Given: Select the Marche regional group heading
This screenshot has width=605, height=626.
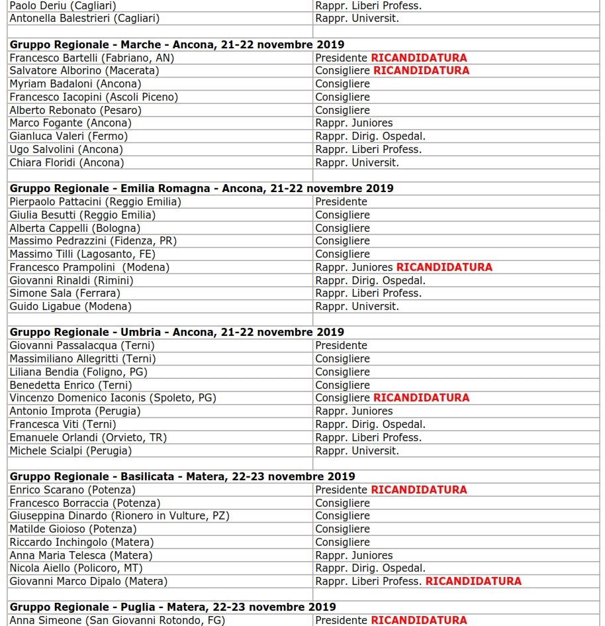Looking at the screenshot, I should pyautogui.click(x=177, y=44).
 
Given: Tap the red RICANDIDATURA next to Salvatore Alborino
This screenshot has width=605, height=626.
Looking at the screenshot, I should pyautogui.click(x=421, y=71).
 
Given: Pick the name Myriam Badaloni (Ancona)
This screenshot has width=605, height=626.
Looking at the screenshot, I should pyautogui.click(x=75, y=84).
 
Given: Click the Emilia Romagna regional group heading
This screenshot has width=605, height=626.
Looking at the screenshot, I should pyautogui.click(x=201, y=188).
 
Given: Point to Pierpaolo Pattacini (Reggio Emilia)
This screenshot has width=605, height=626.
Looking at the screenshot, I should pyautogui.click(x=95, y=201).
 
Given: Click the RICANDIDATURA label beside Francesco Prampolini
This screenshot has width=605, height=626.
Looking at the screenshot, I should pyautogui.click(x=444, y=267).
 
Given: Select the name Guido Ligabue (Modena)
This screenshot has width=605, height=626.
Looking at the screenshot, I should pyautogui.click(x=70, y=307).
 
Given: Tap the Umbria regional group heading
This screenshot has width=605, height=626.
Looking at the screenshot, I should pyautogui.click(x=177, y=332).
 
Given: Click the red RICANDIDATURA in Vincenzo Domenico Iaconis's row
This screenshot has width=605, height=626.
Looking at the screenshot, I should pyautogui.click(x=421, y=397).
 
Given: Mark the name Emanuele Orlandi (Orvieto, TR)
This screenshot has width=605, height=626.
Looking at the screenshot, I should pyautogui.click(x=88, y=437).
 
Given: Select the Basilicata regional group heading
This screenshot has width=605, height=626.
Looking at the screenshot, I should pyautogui.click(x=182, y=476).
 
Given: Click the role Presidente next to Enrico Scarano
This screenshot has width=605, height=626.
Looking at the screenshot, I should pyautogui.click(x=341, y=490).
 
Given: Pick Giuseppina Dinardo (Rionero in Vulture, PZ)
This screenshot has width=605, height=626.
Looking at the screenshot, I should pyautogui.click(x=119, y=515).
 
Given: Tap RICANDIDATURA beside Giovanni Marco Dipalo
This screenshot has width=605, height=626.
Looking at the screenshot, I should pyautogui.click(x=473, y=581).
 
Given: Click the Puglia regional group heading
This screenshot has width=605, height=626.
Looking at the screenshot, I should pyautogui.click(x=173, y=607).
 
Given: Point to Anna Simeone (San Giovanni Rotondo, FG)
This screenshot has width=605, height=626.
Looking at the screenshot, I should pyautogui.click(x=117, y=620).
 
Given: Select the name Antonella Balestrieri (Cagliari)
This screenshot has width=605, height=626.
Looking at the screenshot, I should pyautogui.click(x=84, y=19).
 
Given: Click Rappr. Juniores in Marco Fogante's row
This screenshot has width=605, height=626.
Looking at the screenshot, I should pyautogui.click(x=353, y=123).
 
